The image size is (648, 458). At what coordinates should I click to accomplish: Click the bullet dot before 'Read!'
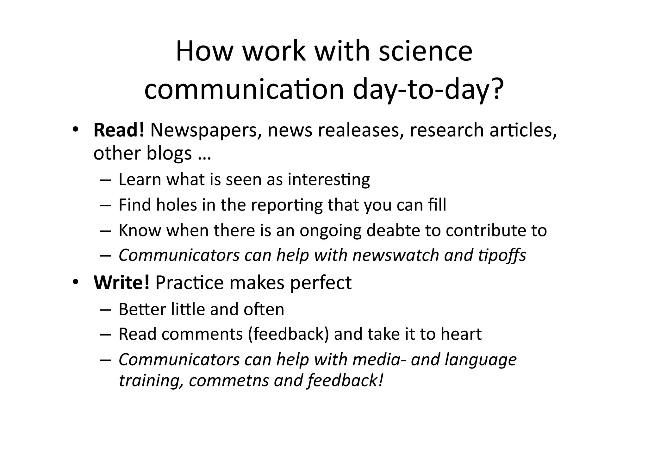click(75, 130)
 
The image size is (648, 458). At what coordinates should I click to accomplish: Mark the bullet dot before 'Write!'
click(75, 282)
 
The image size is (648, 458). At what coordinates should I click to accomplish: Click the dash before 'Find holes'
click(105, 205)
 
